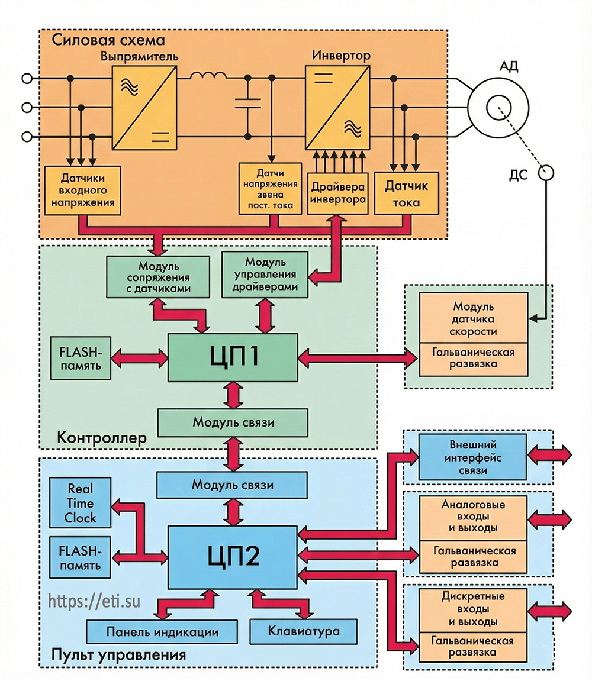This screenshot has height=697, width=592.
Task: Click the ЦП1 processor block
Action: (232, 357)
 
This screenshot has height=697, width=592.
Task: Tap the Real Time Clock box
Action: (81, 504)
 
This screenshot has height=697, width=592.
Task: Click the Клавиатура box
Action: (304, 631)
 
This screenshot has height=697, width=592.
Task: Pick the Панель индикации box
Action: (162, 631)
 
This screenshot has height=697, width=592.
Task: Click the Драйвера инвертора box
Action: (337, 193)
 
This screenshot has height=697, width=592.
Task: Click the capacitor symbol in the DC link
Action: (247, 108)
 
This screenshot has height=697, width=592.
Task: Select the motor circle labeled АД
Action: (497, 107)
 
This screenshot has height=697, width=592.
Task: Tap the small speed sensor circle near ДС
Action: (545, 173)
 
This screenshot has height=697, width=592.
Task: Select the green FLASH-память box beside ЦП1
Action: (80, 359)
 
